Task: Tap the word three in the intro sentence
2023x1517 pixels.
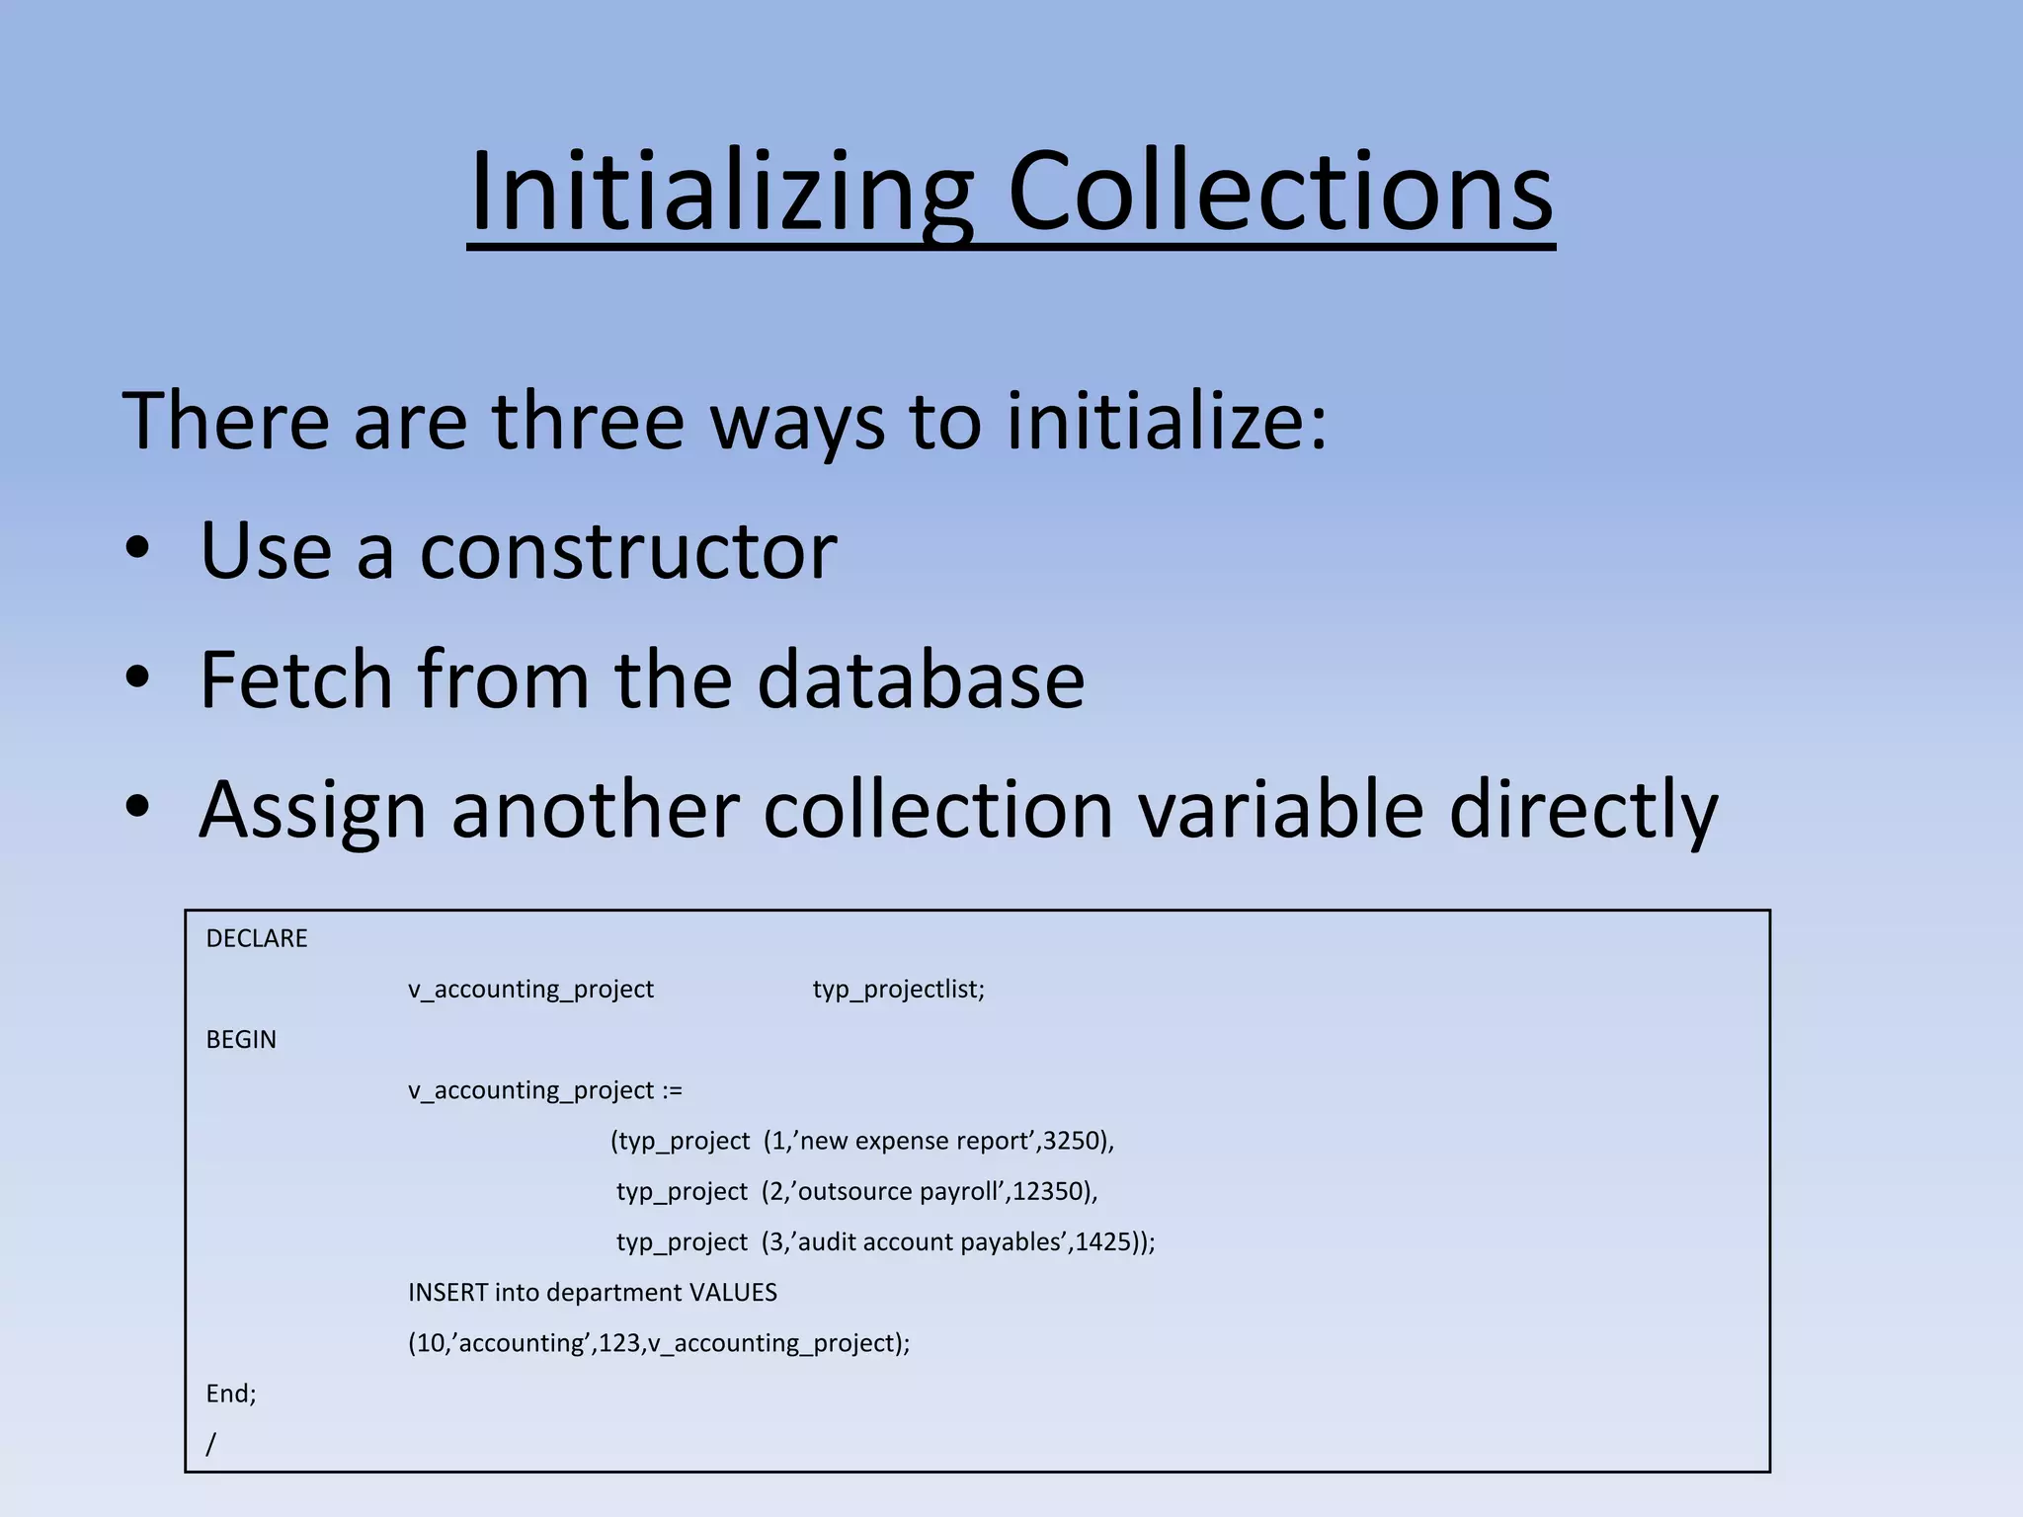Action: [588, 422]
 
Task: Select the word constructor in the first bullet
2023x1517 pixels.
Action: [628, 551]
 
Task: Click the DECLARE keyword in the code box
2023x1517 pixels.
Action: [257, 938]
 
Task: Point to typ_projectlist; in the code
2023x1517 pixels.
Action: [898, 990]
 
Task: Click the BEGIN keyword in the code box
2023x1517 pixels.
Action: [241, 1040]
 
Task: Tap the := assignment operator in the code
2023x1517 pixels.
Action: [672, 1090]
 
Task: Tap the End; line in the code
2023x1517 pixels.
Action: [231, 1394]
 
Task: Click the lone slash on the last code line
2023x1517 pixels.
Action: [210, 1444]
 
